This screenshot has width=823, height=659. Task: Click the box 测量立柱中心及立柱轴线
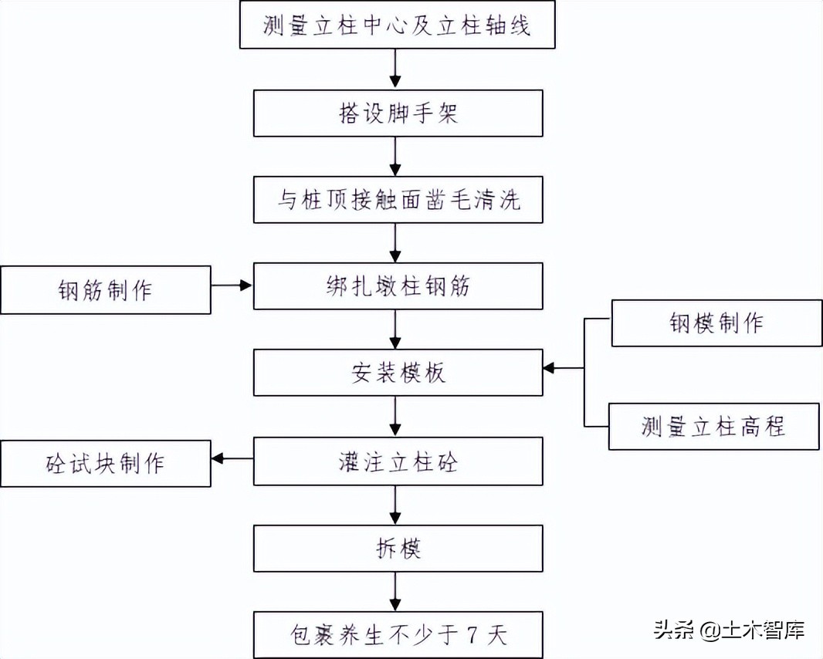397,25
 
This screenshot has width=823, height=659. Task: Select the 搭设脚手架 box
397,113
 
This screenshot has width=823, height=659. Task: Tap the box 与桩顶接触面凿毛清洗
397,201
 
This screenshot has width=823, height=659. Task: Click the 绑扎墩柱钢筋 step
397,287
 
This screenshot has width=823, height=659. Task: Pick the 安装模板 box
397,373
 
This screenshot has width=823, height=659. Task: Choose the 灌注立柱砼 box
397,461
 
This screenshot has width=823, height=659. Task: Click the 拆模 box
397,549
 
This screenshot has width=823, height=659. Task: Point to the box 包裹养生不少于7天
397,635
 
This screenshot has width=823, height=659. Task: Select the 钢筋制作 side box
105,290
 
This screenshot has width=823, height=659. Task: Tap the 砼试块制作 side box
105,464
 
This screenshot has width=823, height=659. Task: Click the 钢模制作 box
716,323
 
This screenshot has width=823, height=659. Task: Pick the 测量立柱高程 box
713,426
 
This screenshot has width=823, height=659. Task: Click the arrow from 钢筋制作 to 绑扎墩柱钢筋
232,286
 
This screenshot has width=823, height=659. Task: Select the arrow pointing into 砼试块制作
232,459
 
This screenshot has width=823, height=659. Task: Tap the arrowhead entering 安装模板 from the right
549,369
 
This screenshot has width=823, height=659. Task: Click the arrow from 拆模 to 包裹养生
396,592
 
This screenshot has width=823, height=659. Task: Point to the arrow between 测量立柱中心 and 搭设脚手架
396,69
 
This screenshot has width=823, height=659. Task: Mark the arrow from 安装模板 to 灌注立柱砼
396,417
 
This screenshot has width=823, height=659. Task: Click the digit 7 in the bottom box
472,636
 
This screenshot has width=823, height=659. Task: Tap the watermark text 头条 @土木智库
730,629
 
